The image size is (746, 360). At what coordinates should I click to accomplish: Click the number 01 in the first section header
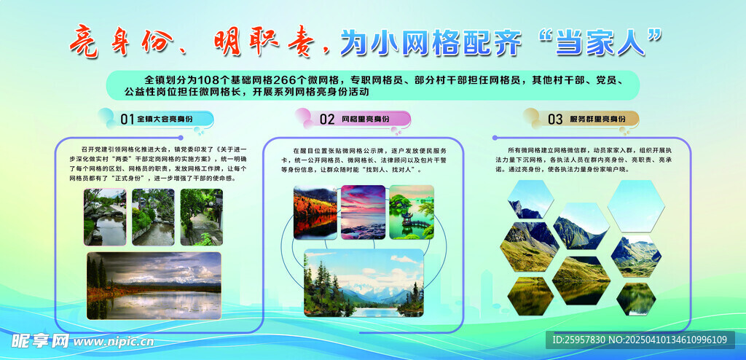pyautogui.click(x=127, y=119)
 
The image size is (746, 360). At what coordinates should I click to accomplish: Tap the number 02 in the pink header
pyautogui.click(x=327, y=119)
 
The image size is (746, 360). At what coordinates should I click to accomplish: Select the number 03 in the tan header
pyautogui.click(x=555, y=119)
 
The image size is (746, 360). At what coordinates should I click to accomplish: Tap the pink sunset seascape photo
pyautogui.click(x=363, y=211)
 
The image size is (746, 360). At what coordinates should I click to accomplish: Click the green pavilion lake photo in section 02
pyautogui.click(x=412, y=211)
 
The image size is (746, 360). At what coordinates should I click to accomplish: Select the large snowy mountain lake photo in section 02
pyautogui.click(x=363, y=283)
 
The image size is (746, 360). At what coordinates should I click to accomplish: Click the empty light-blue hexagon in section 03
pyautogui.click(x=635, y=205)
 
